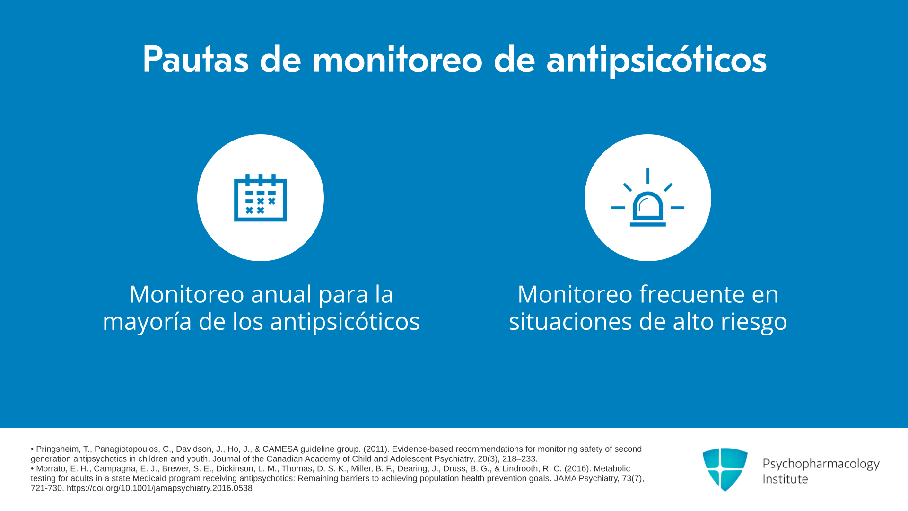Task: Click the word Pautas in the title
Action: (195, 60)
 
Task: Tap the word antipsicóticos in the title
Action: (656, 61)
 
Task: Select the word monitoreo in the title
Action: (398, 60)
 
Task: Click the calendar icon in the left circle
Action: (261, 197)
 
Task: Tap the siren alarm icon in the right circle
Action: (648, 197)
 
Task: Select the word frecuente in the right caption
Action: (690, 294)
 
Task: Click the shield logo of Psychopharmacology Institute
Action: (725, 469)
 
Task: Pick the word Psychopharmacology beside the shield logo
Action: (821, 464)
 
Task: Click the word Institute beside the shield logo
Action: (785, 479)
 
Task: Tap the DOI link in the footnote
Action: (159, 488)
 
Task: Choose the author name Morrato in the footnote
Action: (51, 468)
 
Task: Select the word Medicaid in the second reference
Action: (149, 478)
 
